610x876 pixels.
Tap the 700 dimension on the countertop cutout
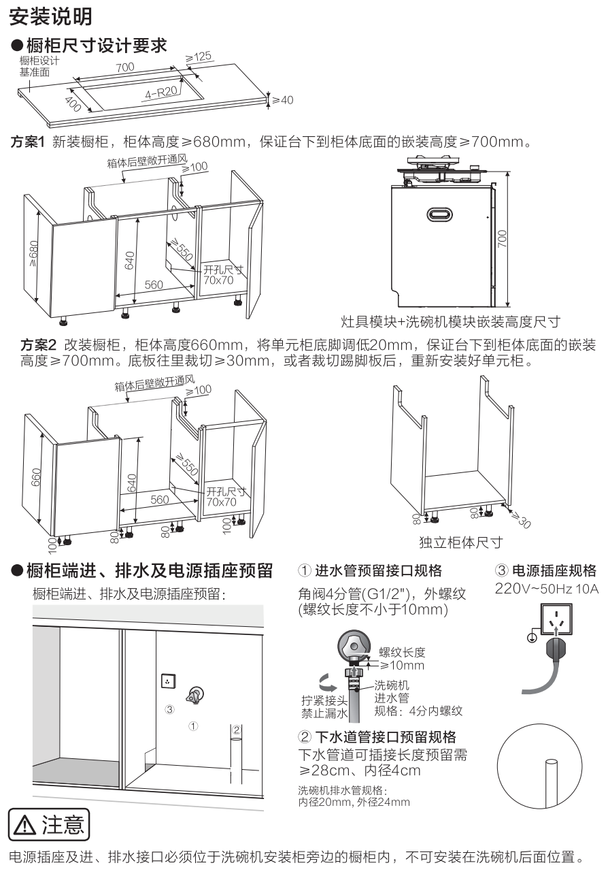pos(124,67)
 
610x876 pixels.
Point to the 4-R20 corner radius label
pos(161,92)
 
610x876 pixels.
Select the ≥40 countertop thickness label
pos(282,100)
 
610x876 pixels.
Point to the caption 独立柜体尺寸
pos(460,542)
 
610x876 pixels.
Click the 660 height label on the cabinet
pos(36,477)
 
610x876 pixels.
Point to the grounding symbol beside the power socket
pos(532,637)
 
